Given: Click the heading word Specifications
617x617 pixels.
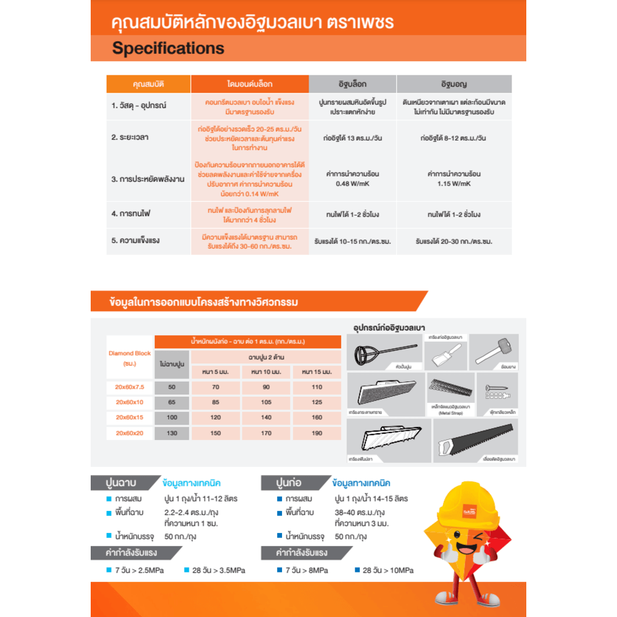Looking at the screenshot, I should point(168,48).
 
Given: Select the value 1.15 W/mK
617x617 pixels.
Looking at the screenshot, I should point(455,184).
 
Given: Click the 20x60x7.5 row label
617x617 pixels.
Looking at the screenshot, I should point(129,387).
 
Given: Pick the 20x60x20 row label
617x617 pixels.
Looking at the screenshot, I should point(129,433).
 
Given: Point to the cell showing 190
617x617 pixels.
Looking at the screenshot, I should point(316,433).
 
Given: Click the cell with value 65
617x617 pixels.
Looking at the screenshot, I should point(172,402).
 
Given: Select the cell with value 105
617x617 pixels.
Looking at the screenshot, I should point(267,402).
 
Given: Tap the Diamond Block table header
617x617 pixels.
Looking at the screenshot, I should point(130,358).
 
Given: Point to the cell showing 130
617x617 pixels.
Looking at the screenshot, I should point(172,433).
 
